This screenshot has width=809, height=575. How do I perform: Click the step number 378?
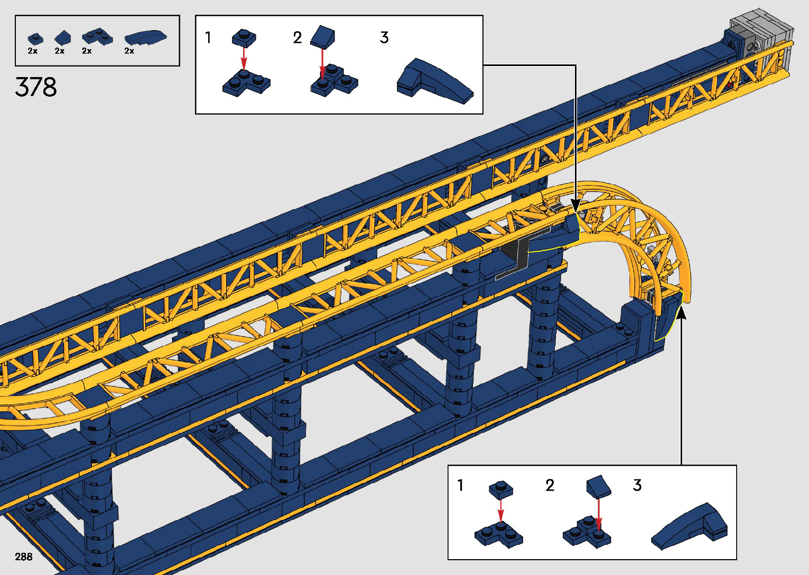[36, 87]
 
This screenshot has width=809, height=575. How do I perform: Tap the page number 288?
[24, 557]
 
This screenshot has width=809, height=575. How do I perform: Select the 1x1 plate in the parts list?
[35, 39]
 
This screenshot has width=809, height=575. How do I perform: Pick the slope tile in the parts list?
[63, 37]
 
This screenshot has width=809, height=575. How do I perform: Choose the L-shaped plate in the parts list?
[97, 36]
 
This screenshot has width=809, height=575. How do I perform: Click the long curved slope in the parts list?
[145, 37]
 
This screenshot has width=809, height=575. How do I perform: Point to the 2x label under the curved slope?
[129, 51]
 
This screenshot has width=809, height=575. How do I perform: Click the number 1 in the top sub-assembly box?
[208, 37]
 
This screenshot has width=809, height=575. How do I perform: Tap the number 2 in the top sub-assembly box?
[297, 37]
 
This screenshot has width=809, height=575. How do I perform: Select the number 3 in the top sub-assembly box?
[384, 37]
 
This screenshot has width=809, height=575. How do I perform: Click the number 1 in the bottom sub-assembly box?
[460, 485]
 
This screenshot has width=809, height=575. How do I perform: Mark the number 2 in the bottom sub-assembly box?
[550, 485]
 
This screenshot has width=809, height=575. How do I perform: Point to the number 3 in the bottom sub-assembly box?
[637, 485]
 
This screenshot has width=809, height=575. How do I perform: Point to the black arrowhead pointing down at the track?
[575, 205]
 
